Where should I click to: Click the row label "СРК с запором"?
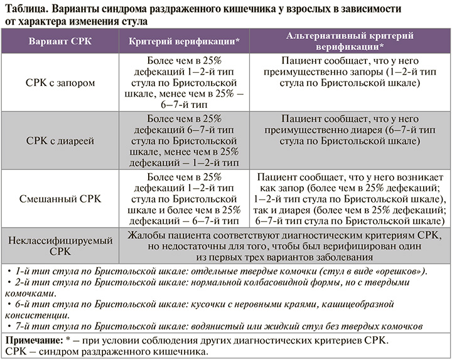[x=60, y=82]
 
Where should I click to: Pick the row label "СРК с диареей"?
[x=60, y=140]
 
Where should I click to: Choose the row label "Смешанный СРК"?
[x=60, y=199]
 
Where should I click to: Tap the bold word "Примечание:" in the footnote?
[x=35, y=340]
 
